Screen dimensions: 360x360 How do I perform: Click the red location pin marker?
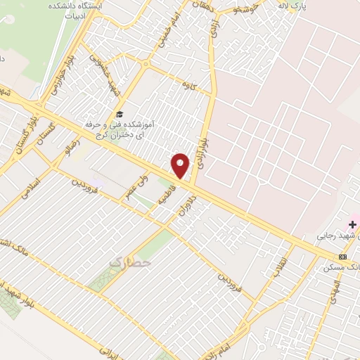pyautogui.click(x=181, y=165)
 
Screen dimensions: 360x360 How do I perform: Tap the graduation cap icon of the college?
pyautogui.click(x=120, y=114)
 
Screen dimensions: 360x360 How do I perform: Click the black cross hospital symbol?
pyautogui.click(x=352, y=224)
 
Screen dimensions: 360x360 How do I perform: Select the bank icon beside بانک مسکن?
pyautogui.click(x=343, y=257)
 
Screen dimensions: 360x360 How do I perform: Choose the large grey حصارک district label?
pyautogui.click(x=131, y=262)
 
